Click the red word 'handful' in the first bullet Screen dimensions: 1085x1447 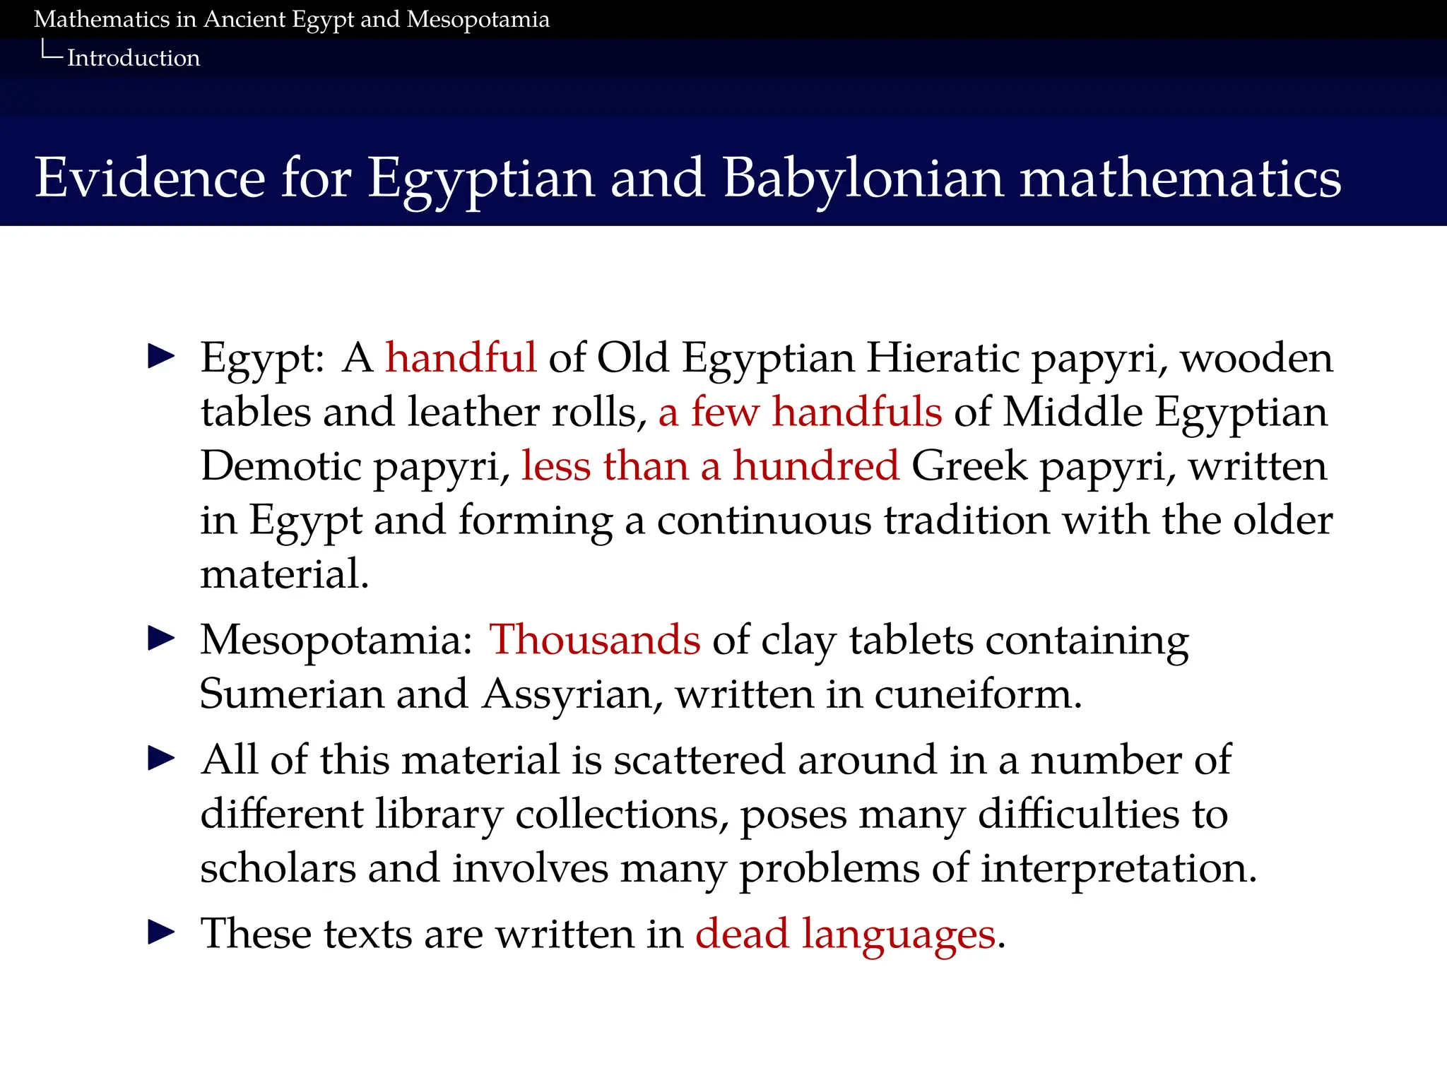[461, 357]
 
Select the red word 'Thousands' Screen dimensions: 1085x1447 [594, 640]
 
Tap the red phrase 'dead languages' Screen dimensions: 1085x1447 [846, 934]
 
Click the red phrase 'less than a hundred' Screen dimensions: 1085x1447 [710, 466]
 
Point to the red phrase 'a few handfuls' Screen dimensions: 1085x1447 [800, 412]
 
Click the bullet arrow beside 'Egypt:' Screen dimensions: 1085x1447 [162, 356]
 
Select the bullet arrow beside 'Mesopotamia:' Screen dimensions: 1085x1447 [162, 639]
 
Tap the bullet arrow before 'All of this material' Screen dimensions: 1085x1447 [162, 759]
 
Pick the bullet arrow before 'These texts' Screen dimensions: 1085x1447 [162, 932]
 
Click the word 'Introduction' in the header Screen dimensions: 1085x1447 [134, 58]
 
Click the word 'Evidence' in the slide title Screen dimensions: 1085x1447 [150, 178]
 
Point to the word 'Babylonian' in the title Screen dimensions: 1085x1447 [863, 178]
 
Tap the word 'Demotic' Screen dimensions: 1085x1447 [280, 466]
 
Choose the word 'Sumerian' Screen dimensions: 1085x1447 [291, 694]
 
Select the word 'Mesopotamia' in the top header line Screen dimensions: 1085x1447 [478, 20]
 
